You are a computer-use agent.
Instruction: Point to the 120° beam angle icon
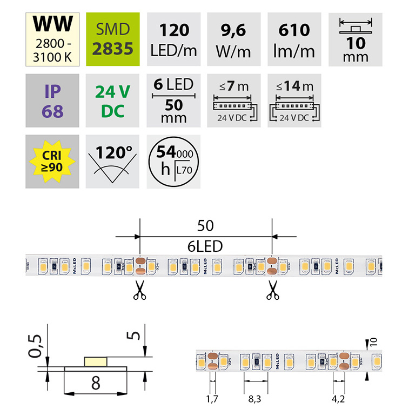point(113,160)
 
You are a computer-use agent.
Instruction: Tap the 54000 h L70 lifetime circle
point(173,160)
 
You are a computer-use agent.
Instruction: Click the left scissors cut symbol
point(139,290)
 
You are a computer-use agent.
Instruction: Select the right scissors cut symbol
point(271,290)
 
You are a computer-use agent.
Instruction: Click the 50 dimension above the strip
point(206,225)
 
